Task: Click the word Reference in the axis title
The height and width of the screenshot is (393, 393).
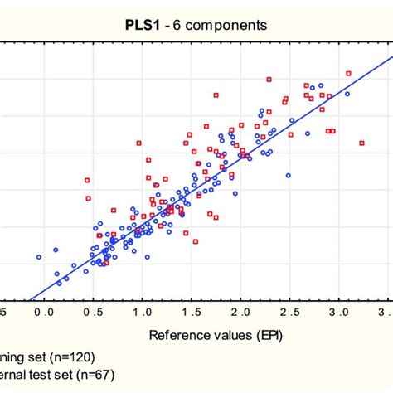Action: point(178,336)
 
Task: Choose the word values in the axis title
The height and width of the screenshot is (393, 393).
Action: point(224,336)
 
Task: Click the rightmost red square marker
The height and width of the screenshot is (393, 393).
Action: point(362,143)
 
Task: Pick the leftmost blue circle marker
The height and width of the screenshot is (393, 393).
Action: point(38,257)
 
